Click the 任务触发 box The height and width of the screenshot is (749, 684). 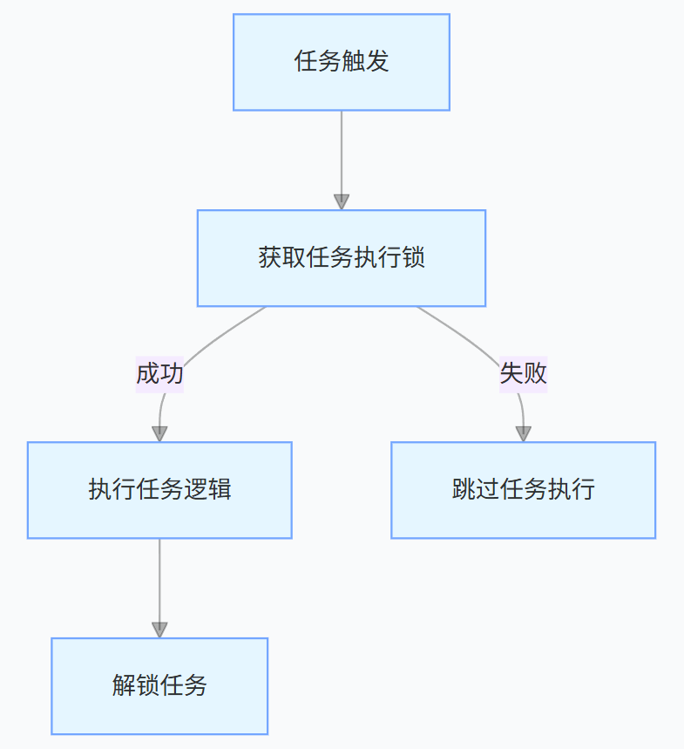(x=342, y=62)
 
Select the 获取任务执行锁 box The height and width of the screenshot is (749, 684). (x=342, y=258)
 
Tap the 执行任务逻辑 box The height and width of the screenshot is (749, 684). (x=159, y=490)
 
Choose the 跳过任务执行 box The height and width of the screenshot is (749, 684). (x=523, y=490)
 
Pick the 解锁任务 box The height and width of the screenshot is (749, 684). (x=159, y=686)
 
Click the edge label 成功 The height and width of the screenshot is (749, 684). (x=159, y=374)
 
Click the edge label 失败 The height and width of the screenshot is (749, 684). (x=523, y=374)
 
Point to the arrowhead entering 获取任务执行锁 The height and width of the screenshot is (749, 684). (x=342, y=201)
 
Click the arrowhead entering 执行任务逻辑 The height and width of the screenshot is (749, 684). (x=159, y=433)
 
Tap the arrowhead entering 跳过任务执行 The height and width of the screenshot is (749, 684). (x=523, y=433)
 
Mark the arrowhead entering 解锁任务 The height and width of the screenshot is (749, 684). (x=159, y=630)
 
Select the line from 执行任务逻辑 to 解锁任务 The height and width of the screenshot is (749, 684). (x=159, y=580)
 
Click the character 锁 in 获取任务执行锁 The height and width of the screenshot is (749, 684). (x=414, y=259)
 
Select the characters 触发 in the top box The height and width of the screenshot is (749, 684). (x=365, y=62)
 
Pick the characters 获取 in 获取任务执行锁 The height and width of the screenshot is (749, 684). (x=281, y=259)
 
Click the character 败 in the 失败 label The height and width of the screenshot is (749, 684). (x=535, y=374)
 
